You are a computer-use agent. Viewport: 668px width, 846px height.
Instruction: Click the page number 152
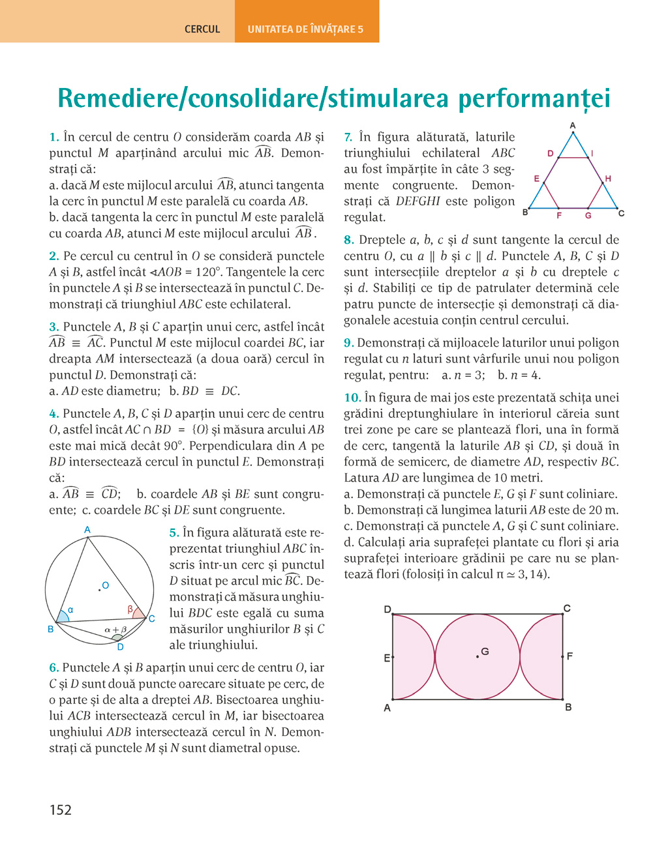[61, 810]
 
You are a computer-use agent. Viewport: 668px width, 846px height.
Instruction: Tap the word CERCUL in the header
[202, 29]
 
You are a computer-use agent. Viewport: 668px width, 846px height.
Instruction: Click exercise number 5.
[174, 532]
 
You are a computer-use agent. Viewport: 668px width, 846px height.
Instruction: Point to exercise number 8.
[349, 240]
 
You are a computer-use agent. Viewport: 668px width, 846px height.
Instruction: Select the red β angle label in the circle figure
[130, 609]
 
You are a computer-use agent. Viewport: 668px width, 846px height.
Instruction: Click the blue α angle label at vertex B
[70, 610]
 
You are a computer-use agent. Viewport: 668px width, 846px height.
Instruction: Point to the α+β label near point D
[115, 630]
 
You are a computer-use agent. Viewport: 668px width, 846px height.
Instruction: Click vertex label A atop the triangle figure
[573, 125]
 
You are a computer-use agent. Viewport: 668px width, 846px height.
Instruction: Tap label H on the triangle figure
[608, 179]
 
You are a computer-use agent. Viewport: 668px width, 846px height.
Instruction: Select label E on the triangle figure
[536, 179]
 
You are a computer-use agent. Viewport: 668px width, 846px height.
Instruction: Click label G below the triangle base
[588, 215]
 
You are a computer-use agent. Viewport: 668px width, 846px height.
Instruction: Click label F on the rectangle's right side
[569, 656]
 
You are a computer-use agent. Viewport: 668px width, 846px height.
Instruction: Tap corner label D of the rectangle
[387, 609]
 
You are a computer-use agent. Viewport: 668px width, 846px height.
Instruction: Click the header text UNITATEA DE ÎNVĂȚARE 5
[305, 29]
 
